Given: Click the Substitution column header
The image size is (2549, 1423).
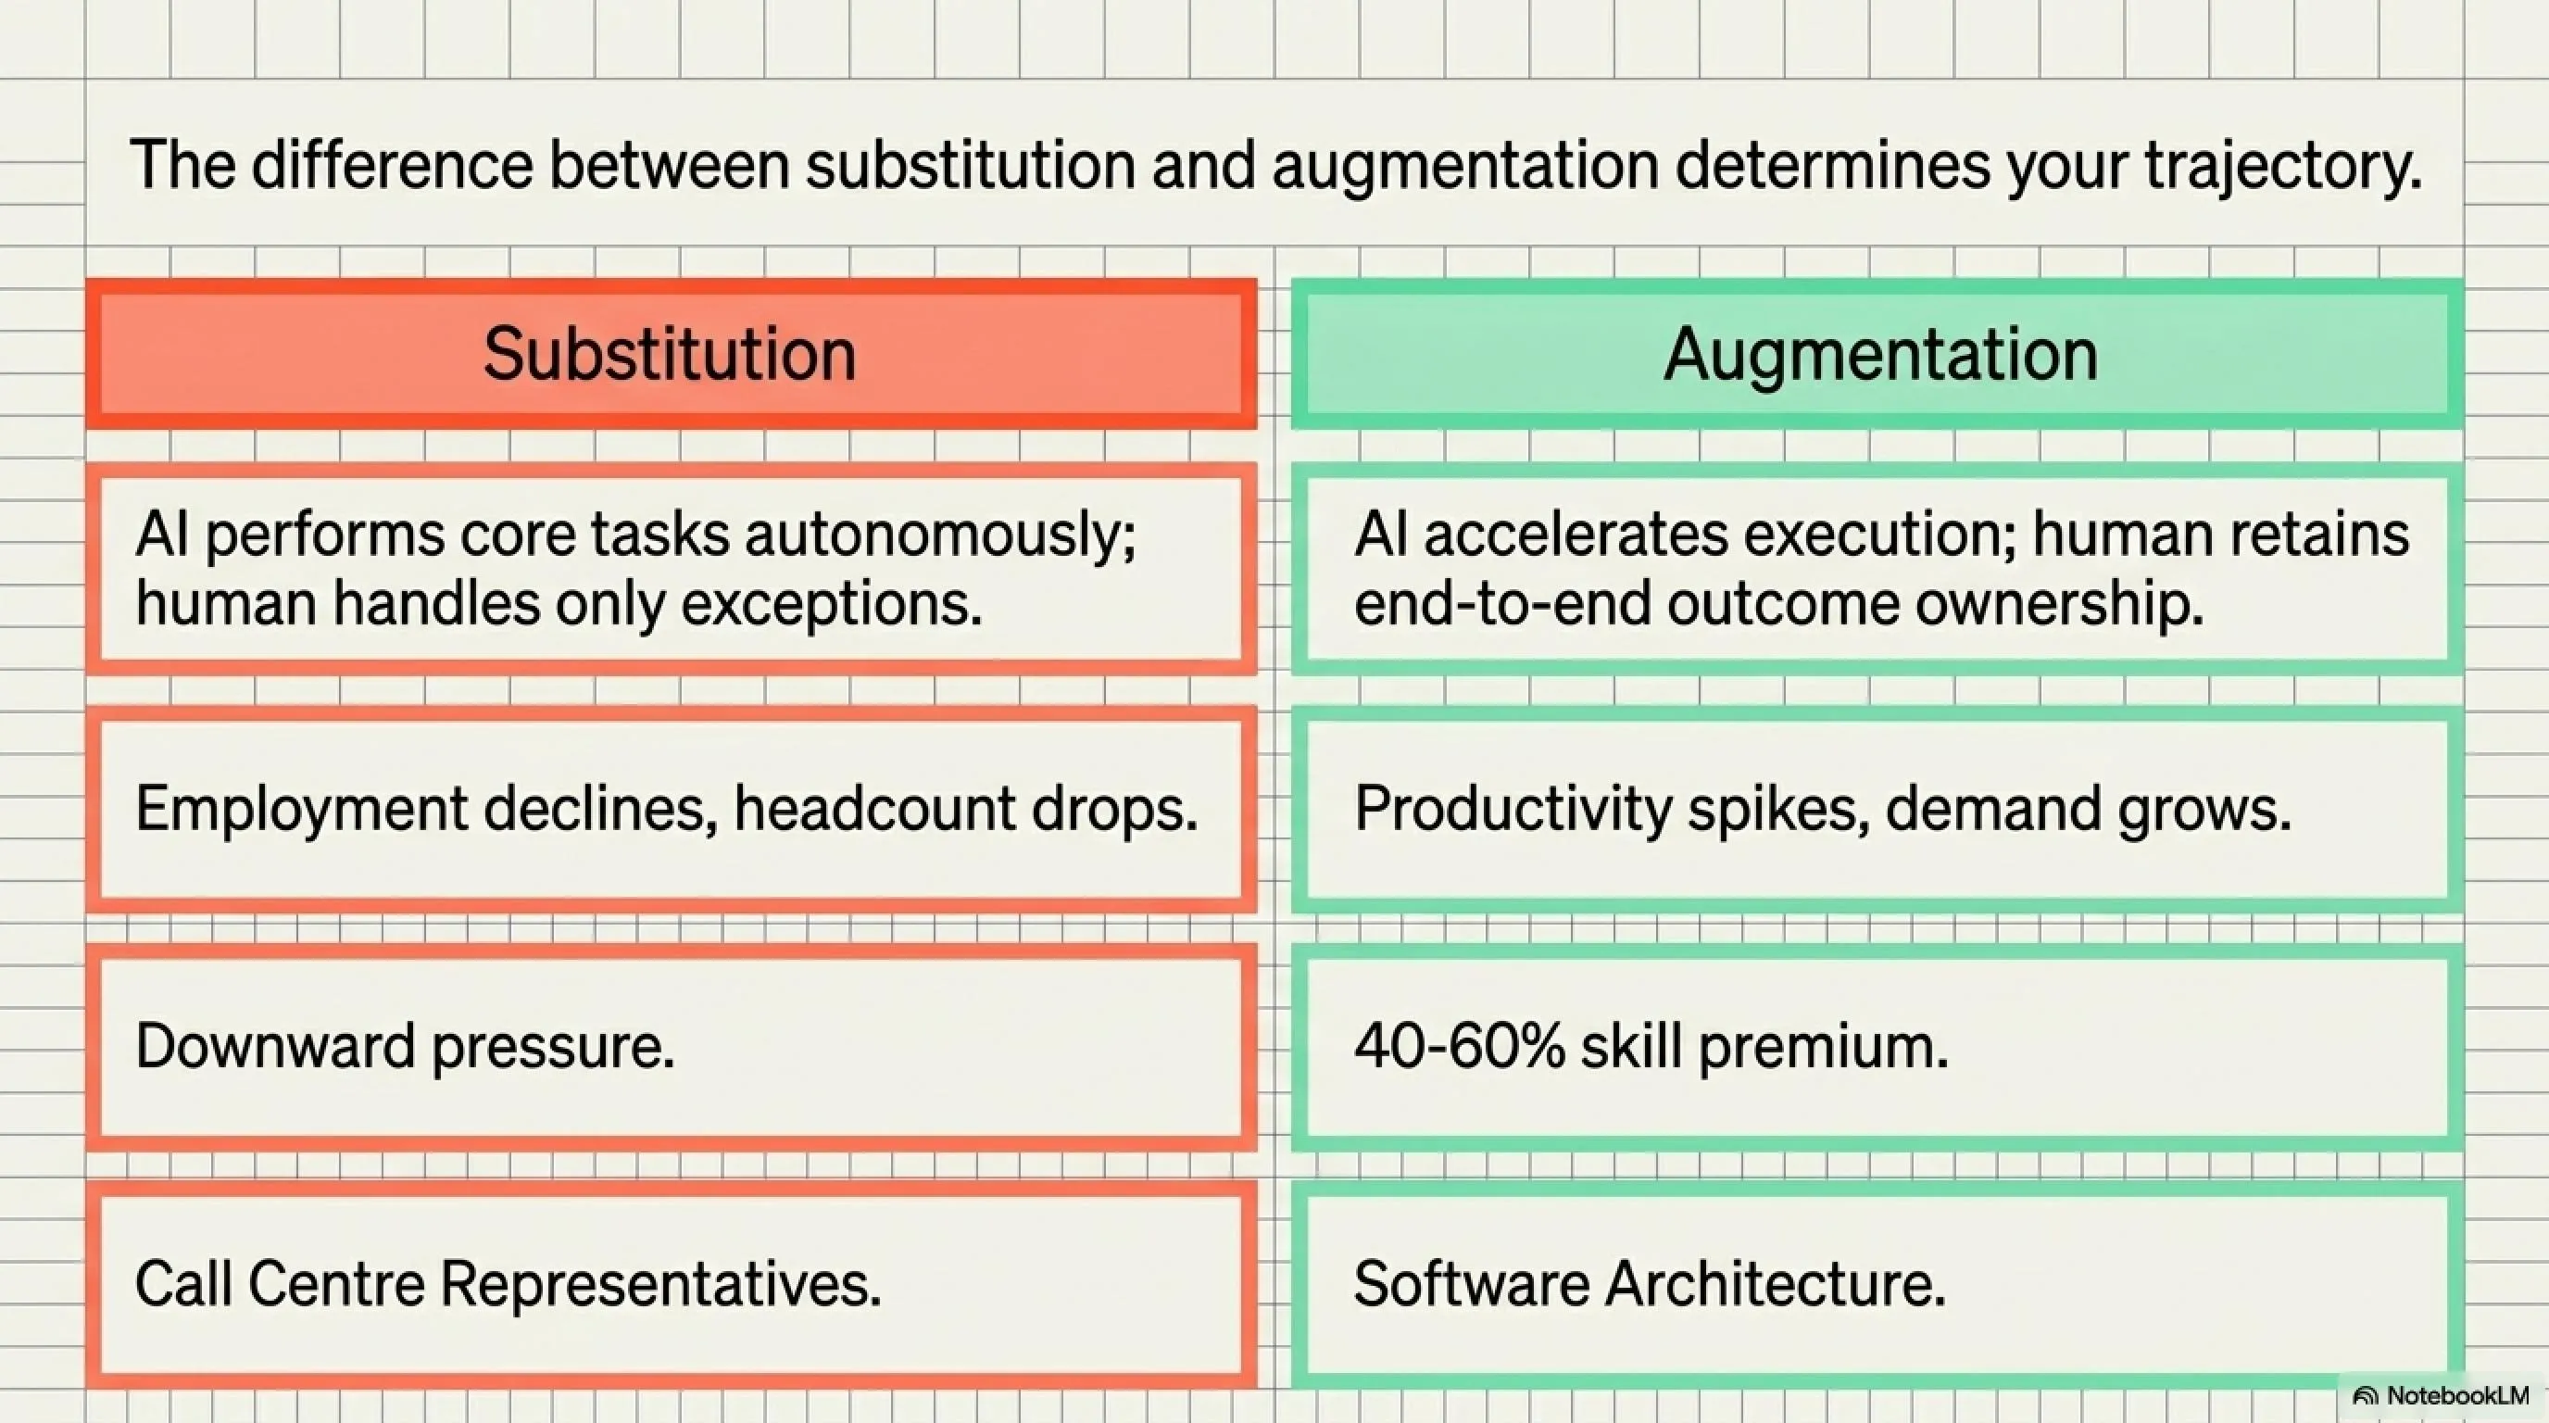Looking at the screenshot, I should pyautogui.click(x=670, y=354).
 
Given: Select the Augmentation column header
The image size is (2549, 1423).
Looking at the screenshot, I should pyautogui.click(x=1879, y=354).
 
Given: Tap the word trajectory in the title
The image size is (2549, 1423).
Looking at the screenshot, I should pyautogui.click(x=2283, y=165).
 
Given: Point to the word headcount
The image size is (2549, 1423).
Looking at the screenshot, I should pyautogui.click(x=873, y=809).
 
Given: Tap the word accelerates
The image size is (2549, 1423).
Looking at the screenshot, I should pyautogui.click(x=1576, y=535).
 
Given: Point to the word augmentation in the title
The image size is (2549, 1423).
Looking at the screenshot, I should pyautogui.click(x=1465, y=165).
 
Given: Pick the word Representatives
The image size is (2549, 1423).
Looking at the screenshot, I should pyautogui.click(x=660, y=1283).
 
